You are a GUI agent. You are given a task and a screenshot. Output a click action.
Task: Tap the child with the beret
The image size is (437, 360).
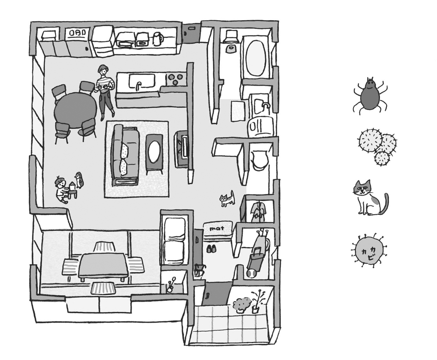click(x=61, y=190)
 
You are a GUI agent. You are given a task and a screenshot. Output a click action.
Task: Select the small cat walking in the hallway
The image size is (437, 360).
click(x=227, y=199)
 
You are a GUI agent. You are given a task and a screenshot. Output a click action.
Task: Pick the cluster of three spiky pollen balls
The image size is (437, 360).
click(x=378, y=145)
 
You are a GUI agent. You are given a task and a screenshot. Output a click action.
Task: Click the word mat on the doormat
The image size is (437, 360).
click(x=217, y=229)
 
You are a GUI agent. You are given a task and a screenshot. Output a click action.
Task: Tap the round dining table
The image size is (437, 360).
click(x=75, y=110)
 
